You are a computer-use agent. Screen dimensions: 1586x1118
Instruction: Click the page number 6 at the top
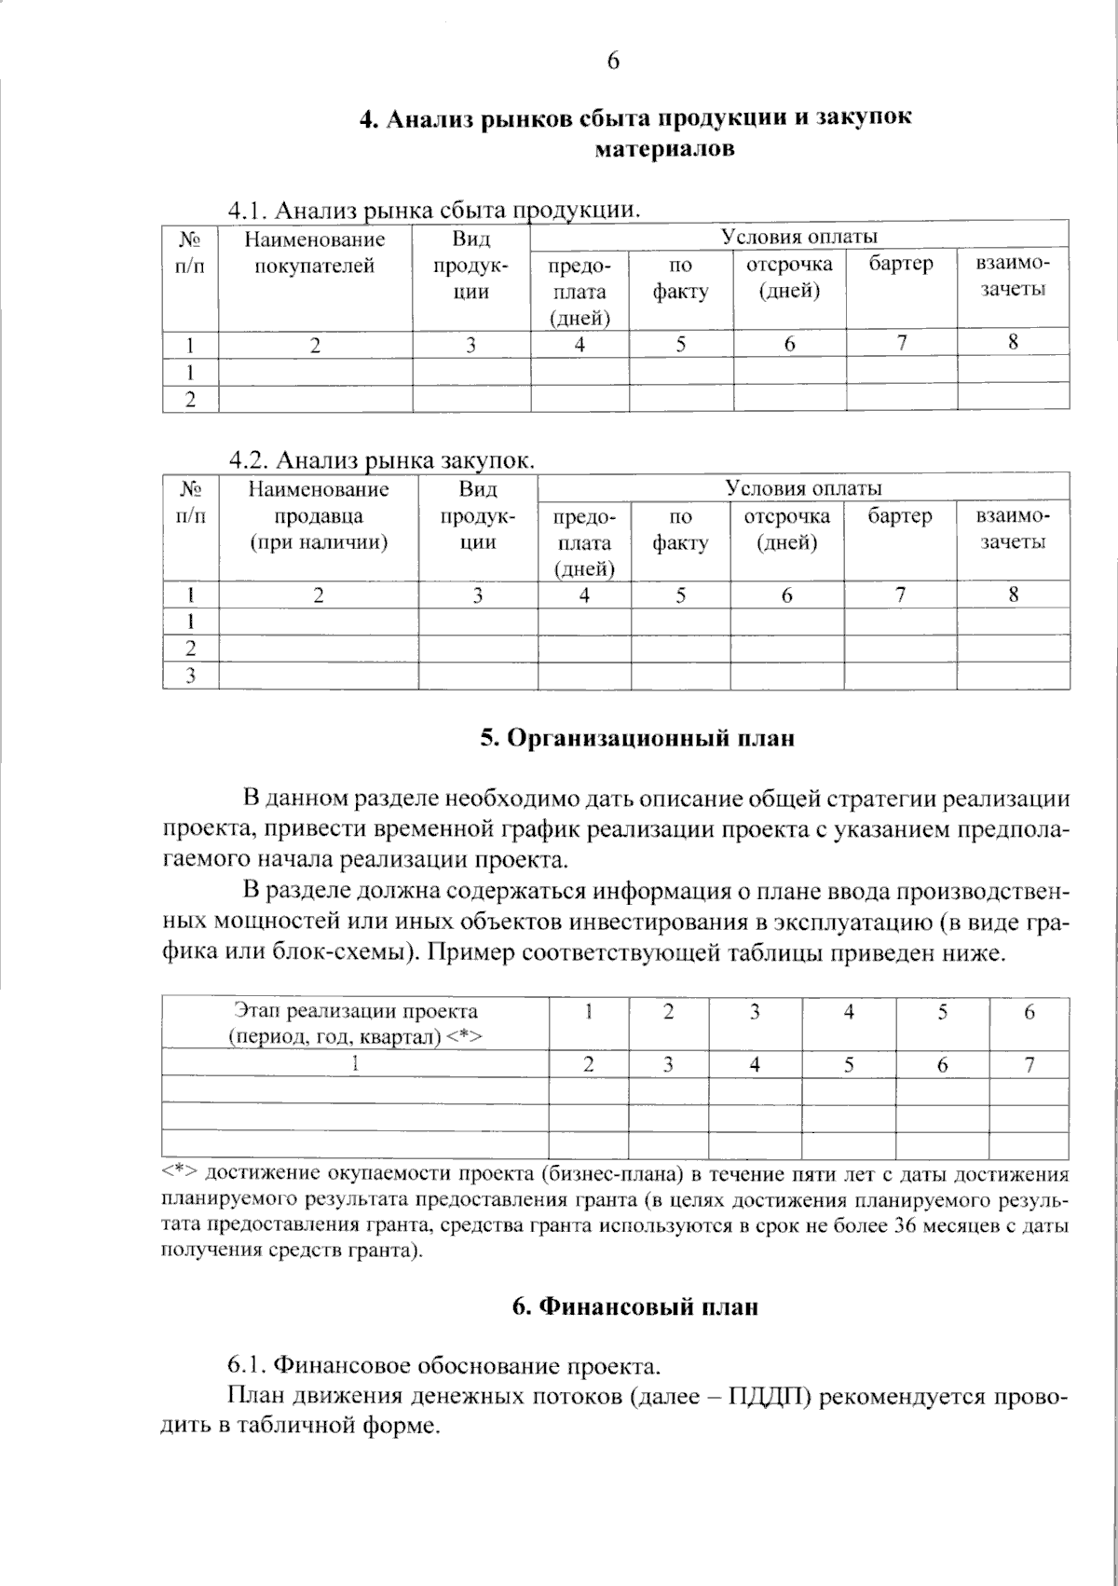pos(613,62)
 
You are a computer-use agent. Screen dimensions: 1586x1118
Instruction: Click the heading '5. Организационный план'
pos(637,739)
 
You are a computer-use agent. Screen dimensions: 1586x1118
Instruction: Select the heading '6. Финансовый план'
pos(635,1307)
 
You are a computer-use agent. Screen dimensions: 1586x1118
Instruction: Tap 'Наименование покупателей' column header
pos(315,253)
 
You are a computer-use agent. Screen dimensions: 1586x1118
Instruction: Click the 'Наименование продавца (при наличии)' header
pos(319,515)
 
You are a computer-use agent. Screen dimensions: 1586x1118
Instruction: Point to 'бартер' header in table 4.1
pos(901,264)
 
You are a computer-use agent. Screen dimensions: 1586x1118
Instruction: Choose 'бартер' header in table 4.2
pos(900,515)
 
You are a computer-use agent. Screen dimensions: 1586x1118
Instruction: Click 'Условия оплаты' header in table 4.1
pos(799,237)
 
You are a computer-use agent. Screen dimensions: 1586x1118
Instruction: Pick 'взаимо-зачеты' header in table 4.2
pos(1013,528)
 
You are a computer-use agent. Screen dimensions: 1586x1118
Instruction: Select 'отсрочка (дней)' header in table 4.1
pos(788,277)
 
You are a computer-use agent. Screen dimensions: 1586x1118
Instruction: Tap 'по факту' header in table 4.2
pos(680,528)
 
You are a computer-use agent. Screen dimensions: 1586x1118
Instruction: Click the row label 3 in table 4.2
pos(190,676)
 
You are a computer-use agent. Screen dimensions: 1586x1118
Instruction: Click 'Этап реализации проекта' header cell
pos(355,1023)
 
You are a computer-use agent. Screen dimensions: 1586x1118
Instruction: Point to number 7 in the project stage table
pos(1029,1064)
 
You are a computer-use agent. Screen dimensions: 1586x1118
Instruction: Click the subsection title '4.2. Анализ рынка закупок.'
pos(383,460)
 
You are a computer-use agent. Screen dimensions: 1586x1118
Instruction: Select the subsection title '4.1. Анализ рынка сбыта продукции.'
pos(435,209)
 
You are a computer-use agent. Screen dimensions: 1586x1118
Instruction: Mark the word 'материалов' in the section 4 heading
pos(664,148)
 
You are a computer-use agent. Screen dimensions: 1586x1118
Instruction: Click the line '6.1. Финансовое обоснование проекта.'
pos(444,1366)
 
